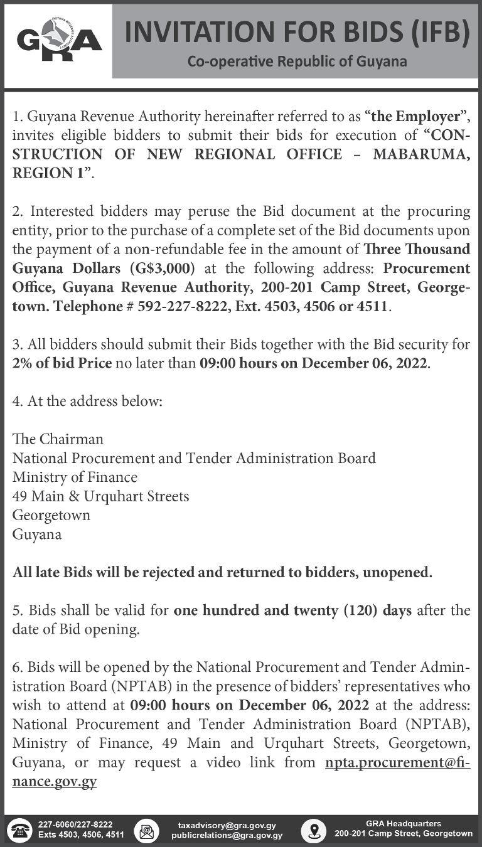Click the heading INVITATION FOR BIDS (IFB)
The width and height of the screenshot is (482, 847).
(x=297, y=33)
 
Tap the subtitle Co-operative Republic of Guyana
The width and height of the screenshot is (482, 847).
(x=297, y=61)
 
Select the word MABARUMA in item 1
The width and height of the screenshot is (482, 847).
(x=421, y=154)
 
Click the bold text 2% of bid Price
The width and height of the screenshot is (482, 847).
(x=62, y=364)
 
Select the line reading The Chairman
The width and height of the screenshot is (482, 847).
(x=58, y=439)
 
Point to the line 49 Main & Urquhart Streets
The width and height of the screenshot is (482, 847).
(x=101, y=496)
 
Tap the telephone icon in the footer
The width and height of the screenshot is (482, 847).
(x=23, y=830)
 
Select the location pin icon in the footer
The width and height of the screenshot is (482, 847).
(x=313, y=830)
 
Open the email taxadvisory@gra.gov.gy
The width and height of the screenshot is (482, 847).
(x=227, y=825)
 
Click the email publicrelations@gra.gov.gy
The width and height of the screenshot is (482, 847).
(x=227, y=835)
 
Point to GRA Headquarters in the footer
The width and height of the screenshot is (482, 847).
(x=403, y=823)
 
